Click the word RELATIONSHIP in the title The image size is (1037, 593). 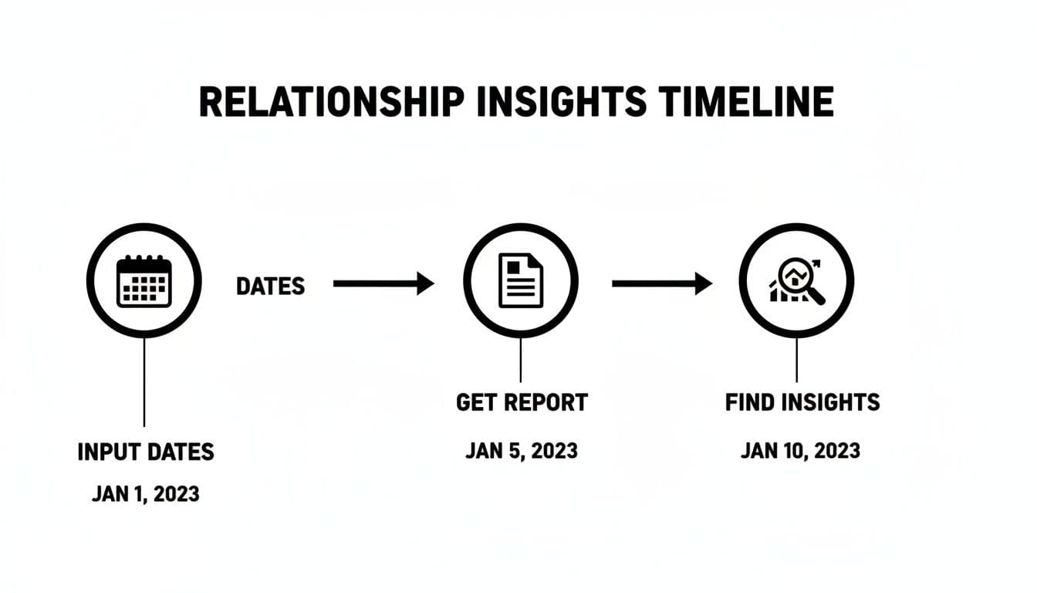point(332,102)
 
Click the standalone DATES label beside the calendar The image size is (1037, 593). point(270,286)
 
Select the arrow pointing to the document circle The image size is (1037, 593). point(383,284)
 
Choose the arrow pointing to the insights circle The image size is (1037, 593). point(661,284)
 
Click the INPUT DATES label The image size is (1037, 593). point(146,452)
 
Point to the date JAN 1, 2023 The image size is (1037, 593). point(146,493)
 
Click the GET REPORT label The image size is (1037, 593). point(522,402)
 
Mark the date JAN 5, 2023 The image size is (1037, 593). point(522,450)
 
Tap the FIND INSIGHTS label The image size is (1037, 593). point(802,402)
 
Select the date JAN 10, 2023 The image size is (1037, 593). point(800,450)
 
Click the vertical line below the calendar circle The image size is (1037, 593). point(144,382)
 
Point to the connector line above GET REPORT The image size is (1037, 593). point(521,361)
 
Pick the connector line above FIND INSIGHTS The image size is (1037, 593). point(796,361)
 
